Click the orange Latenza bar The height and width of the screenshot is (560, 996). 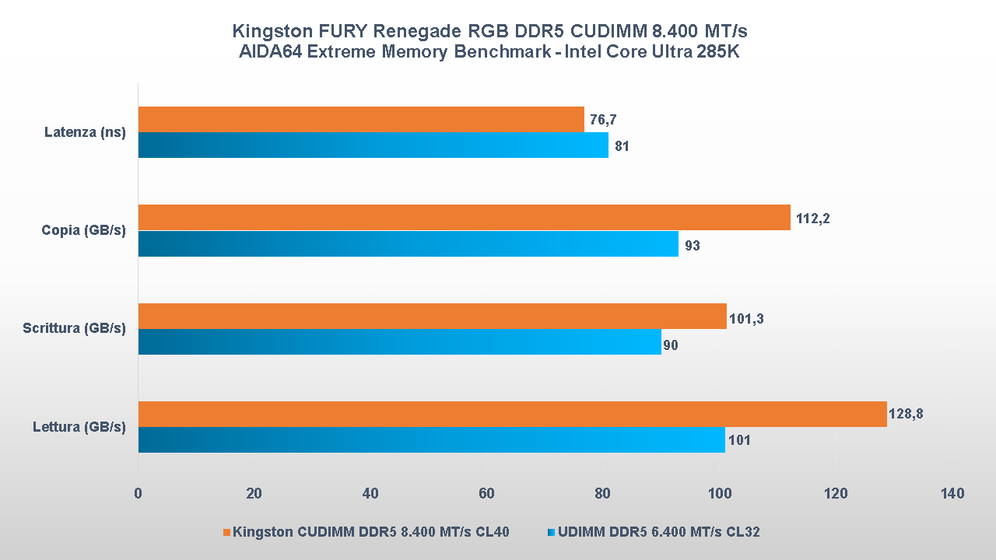[x=361, y=120]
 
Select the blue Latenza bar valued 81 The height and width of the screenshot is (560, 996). [x=373, y=145]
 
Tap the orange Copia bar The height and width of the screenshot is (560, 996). [x=465, y=218]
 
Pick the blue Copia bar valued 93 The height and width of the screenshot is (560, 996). [x=409, y=244]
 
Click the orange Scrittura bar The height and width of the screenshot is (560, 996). [x=433, y=317]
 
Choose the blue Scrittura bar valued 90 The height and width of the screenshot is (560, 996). [x=400, y=342]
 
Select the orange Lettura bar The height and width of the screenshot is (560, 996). [x=513, y=415]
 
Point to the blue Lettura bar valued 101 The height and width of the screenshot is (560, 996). [x=432, y=440]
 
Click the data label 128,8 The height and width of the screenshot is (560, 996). [x=907, y=415]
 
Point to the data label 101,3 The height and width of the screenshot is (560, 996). [x=746, y=317]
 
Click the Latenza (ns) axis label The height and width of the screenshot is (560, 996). [x=85, y=133]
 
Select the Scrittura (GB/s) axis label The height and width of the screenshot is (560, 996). [x=75, y=329]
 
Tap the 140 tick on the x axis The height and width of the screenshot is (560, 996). [x=952, y=494]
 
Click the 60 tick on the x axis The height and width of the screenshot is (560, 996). [x=487, y=494]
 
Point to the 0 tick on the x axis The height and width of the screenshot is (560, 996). [x=138, y=494]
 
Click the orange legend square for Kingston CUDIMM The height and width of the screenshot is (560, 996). [x=227, y=533]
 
